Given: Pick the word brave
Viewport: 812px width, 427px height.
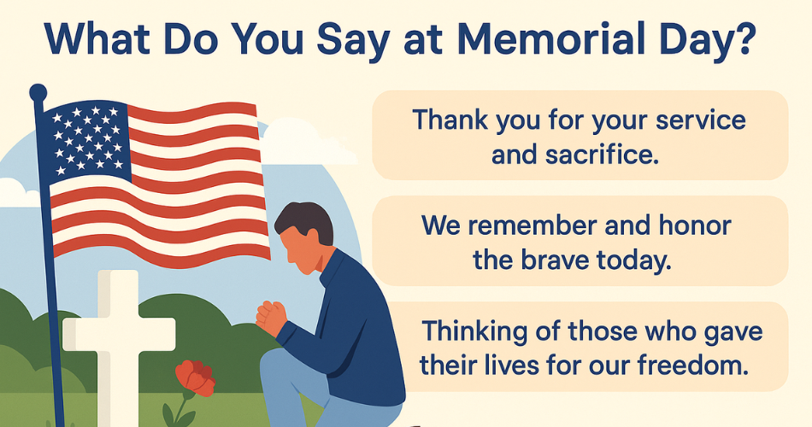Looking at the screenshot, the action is (555, 260).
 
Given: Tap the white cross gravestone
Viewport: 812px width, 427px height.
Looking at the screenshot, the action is (119, 342).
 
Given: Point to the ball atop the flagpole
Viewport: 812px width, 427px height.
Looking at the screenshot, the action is (38, 92).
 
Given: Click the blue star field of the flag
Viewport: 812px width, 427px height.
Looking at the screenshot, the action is (86, 138).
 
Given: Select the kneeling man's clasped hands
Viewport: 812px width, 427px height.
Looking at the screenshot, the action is (271, 316).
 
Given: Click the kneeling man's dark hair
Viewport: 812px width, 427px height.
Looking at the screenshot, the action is (305, 221).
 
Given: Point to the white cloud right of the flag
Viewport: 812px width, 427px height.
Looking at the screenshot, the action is (300, 141).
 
